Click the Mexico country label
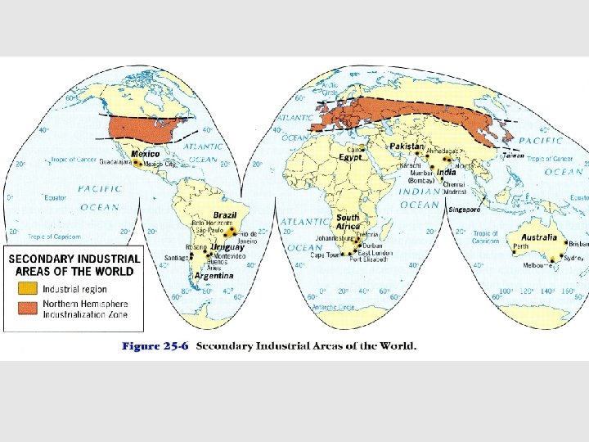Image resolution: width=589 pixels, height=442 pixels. [146, 154]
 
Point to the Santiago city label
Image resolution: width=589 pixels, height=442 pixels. [175, 257]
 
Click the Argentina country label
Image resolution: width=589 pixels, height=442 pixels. [214, 276]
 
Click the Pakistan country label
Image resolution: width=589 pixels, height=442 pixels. [407, 146]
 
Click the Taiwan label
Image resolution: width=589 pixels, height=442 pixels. [513, 155]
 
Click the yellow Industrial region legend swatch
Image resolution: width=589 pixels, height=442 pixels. [29, 288]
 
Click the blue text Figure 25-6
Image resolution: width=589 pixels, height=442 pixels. [155, 345]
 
